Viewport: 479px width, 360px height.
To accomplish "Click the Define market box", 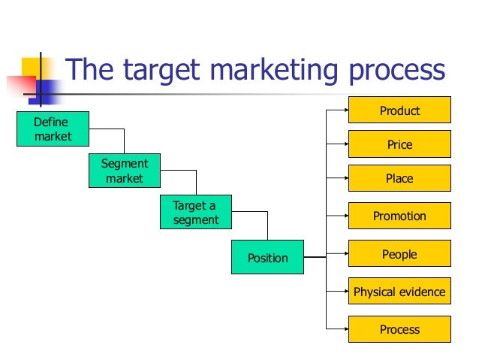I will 52,129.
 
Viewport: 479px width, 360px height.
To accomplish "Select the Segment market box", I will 124,171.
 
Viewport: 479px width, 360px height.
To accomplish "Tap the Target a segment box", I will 195,212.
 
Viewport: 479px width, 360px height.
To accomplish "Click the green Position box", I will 267,258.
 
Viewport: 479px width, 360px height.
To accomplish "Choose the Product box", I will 399,110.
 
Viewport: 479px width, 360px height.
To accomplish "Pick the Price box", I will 399,144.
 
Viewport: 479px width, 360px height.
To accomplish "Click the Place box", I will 399,179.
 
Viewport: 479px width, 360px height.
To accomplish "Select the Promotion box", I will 399,216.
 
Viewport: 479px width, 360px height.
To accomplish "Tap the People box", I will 399,254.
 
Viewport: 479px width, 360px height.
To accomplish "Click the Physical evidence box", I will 399,292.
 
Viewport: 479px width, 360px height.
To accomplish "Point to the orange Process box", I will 399,329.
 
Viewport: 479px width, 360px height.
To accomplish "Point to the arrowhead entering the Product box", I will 344,110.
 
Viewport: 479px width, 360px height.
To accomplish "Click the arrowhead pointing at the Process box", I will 344,329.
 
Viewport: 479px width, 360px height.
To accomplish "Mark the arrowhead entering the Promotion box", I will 344,216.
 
